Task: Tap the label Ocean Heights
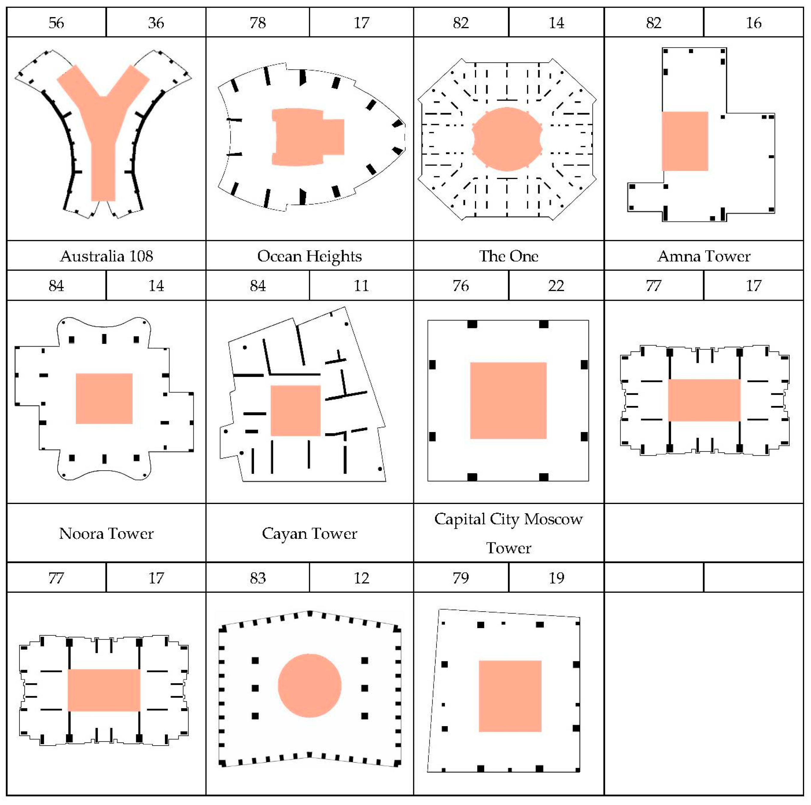(x=309, y=256)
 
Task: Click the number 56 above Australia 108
(x=56, y=23)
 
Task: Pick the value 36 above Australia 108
(x=156, y=23)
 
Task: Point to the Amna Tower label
(x=704, y=256)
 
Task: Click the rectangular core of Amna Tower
(x=685, y=141)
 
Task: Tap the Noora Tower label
(x=106, y=533)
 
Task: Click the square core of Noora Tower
(x=104, y=398)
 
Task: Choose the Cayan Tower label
(x=309, y=533)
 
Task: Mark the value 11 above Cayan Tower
(x=361, y=286)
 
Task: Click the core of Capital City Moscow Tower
(x=508, y=401)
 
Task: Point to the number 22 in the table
(x=556, y=286)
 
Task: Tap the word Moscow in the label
(x=553, y=519)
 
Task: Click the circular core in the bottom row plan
(x=309, y=685)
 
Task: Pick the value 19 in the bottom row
(x=556, y=578)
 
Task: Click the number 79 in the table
(x=461, y=578)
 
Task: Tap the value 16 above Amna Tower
(x=753, y=23)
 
